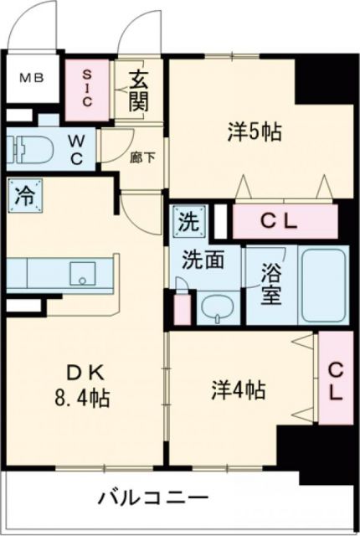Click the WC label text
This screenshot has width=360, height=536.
[x=77, y=147]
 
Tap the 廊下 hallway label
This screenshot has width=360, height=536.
[x=136, y=156]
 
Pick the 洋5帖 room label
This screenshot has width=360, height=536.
[x=254, y=132]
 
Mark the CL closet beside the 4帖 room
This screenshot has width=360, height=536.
[x=334, y=381]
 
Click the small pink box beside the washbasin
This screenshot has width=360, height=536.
[x=183, y=307]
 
